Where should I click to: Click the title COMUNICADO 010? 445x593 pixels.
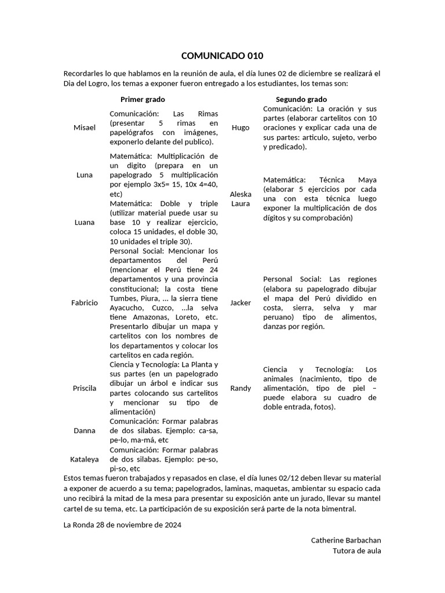tap(222, 56)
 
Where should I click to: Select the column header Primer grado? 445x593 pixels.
tap(143, 100)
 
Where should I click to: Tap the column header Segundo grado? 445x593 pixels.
tap(301, 100)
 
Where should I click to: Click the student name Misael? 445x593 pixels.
tap(85, 127)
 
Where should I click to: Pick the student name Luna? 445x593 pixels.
tap(85, 175)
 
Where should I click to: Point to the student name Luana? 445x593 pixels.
tap(85, 222)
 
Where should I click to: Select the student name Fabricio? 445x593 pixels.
tap(85, 302)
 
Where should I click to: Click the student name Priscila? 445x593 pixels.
tap(85, 388)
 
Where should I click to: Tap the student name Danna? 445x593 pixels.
tap(85, 430)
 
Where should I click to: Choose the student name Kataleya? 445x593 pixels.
tap(85, 459)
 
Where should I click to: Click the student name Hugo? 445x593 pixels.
tap(240, 127)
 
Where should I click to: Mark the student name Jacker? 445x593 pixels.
tap(240, 302)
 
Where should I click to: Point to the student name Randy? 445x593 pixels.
tap(240, 388)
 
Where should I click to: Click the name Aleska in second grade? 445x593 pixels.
tap(240, 194)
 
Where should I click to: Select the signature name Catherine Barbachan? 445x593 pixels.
tap(346, 540)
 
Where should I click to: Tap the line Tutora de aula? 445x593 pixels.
tap(357, 551)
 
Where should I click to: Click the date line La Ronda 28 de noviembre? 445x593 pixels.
tap(123, 525)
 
